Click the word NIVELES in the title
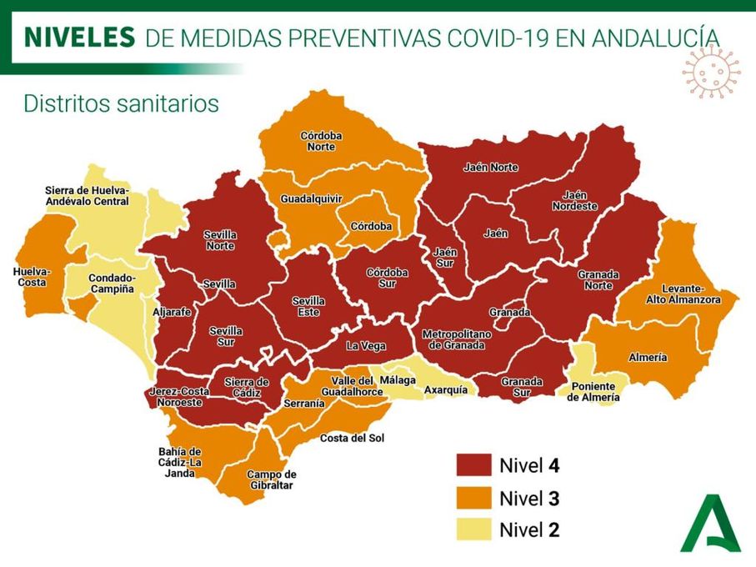pyautogui.click(x=79, y=37)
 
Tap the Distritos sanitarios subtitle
pyautogui.click(x=121, y=103)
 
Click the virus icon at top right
pyautogui.click(x=710, y=73)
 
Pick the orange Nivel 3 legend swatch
pyautogui.click(x=473, y=498)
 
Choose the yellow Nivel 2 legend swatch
pyautogui.click(x=473, y=529)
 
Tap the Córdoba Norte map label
pyautogui.click(x=321, y=141)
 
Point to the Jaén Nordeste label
pyautogui.click(x=574, y=200)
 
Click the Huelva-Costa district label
pyautogui.click(x=33, y=278)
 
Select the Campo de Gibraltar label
pyautogui.click(x=272, y=479)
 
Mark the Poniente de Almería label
pyautogui.click(x=593, y=392)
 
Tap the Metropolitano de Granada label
pyautogui.click(x=457, y=339)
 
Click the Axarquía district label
pyautogui.click(x=444, y=389)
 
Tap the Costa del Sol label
pyautogui.click(x=353, y=438)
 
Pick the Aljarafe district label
pyautogui.click(x=172, y=311)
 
